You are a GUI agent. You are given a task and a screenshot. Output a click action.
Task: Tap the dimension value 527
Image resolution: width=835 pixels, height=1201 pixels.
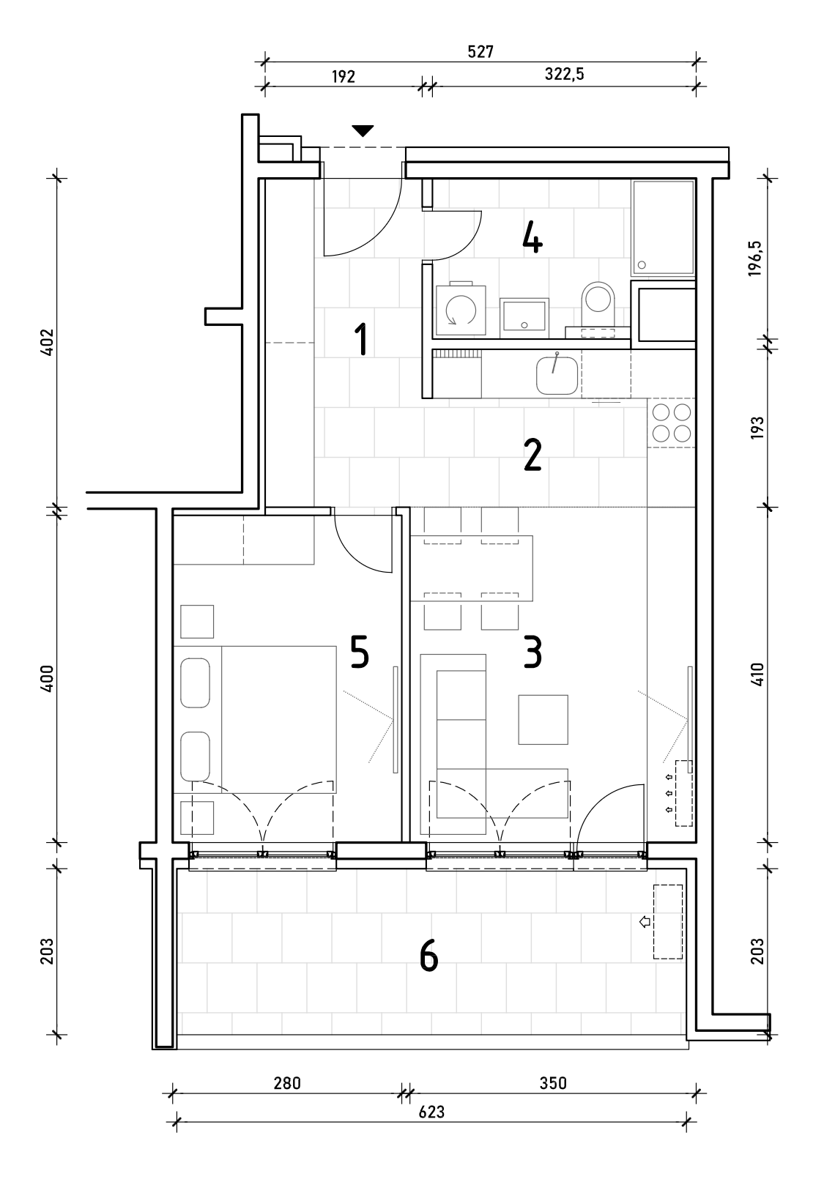pos(480,52)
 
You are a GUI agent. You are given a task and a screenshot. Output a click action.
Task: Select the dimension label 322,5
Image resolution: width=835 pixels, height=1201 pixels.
pos(564,74)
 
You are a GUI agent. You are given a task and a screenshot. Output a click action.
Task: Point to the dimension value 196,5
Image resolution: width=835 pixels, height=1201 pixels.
pos(756,258)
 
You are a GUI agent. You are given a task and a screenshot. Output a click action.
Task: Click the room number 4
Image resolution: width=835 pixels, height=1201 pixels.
pos(532,239)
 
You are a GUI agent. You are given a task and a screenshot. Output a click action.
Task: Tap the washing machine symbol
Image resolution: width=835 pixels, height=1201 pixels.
pos(461,309)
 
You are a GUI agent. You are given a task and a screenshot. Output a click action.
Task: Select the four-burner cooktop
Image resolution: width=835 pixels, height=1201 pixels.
pos(672,423)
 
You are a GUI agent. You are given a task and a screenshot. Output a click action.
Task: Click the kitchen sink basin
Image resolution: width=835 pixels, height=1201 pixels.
pos(557,375)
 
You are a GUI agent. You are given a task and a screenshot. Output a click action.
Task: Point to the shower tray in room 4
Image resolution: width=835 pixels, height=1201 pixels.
pos(663,227)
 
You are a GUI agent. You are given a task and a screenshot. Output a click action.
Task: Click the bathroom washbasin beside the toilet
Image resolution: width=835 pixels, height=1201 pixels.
pos(524,318)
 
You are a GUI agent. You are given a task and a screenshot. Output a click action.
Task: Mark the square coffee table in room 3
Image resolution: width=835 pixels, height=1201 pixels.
pos(543,720)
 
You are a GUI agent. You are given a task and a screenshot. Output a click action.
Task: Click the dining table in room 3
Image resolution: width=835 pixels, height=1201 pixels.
pos(472,568)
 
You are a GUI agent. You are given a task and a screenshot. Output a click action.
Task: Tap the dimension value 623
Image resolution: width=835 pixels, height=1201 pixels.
pos(431,1112)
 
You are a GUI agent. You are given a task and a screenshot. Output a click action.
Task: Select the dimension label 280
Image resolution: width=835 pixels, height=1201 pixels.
pos(287,1084)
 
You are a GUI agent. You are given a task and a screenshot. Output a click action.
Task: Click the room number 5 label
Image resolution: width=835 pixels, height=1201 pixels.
pos(360,652)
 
